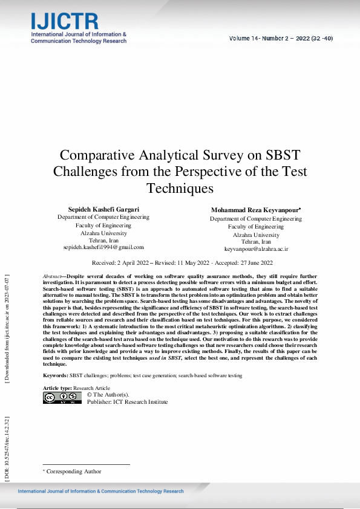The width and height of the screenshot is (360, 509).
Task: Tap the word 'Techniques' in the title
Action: pyautogui.click(x=180, y=188)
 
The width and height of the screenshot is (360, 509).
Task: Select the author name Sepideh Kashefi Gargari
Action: pyautogui.click(x=103, y=209)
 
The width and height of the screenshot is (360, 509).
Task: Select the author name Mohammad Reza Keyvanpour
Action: pyautogui.click(x=256, y=210)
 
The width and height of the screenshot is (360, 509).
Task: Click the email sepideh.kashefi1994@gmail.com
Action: pyautogui.click(x=103, y=247)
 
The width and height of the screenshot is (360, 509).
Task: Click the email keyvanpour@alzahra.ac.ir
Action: pyautogui.click(x=256, y=248)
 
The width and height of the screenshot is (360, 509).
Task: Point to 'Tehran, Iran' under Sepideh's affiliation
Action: pyautogui.click(x=103, y=240)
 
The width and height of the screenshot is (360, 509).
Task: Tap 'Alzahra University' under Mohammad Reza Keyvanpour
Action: pyautogui.click(x=256, y=235)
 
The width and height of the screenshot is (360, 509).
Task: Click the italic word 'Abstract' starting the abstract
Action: pyautogui.click(x=52, y=276)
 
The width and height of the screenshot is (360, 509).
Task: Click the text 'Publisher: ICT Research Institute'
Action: pyautogui.click(x=127, y=402)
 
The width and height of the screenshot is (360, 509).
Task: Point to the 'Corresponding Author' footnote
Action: pyautogui.click(x=74, y=472)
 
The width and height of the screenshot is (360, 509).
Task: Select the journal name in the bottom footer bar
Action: pyautogui.click(x=100, y=491)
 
